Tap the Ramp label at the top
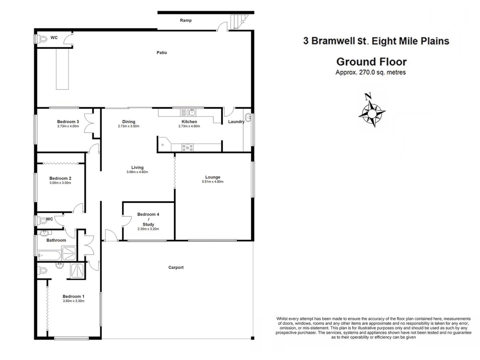[x=186, y=20]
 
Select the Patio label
[x=162, y=53]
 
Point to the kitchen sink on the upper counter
[x=188, y=112]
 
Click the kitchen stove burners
[x=187, y=147]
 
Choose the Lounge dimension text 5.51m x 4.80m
[x=213, y=182]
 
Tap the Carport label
[x=176, y=267]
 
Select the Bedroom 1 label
[x=73, y=296]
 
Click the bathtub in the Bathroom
[x=49, y=256]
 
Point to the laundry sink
[x=248, y=117]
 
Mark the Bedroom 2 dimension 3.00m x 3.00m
[x=60, y=183]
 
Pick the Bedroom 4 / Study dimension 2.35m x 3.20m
[x=148, y=229]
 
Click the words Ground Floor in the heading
[x=371, y=62]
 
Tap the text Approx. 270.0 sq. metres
[x=370, y=72]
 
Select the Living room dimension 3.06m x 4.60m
[x=137, y=172]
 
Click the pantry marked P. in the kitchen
[x=163, y=145]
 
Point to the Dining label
[x=129, y=122]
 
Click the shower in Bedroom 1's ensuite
[x=78, y=270]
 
